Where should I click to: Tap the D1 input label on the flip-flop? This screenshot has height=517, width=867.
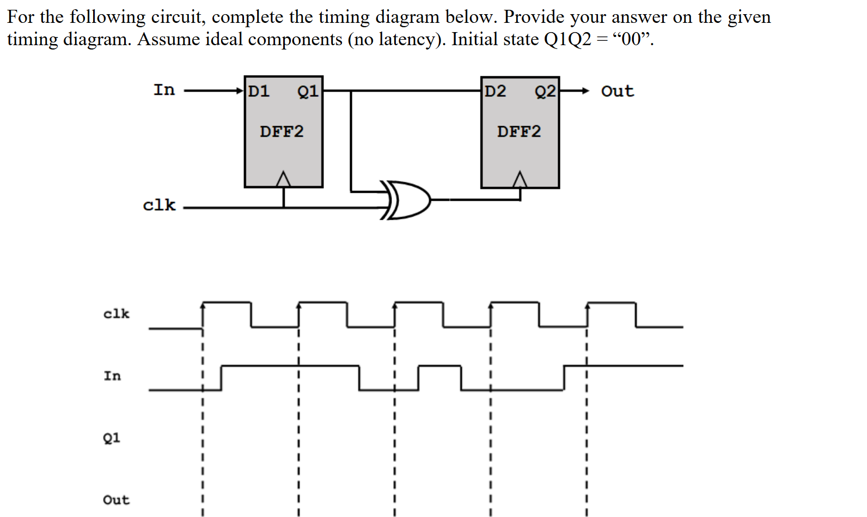point(259,91)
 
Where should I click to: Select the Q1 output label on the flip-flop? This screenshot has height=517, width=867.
point(308,91)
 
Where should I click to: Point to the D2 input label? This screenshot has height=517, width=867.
point(495,91)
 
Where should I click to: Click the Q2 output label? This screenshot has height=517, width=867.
point(545,91)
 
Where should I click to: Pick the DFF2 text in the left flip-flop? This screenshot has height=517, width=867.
point(282,132)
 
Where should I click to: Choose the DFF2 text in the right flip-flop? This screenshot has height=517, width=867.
point(519,132)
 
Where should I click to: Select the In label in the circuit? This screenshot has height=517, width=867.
point(164,90)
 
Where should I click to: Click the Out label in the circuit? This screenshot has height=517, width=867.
point(617,91)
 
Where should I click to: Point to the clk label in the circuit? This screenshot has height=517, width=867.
point(159,205)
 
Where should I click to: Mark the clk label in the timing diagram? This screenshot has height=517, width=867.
point(116,314)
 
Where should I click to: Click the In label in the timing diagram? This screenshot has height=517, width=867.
point(112,376)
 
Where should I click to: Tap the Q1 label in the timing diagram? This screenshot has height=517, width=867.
point(112,438)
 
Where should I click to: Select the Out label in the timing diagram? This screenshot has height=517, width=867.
point(116,500)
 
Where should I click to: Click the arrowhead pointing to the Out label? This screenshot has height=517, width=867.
point(585,91)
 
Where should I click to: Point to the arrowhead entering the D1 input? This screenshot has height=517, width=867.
point(240,91)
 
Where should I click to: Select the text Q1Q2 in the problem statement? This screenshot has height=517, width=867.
point(567,40)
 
